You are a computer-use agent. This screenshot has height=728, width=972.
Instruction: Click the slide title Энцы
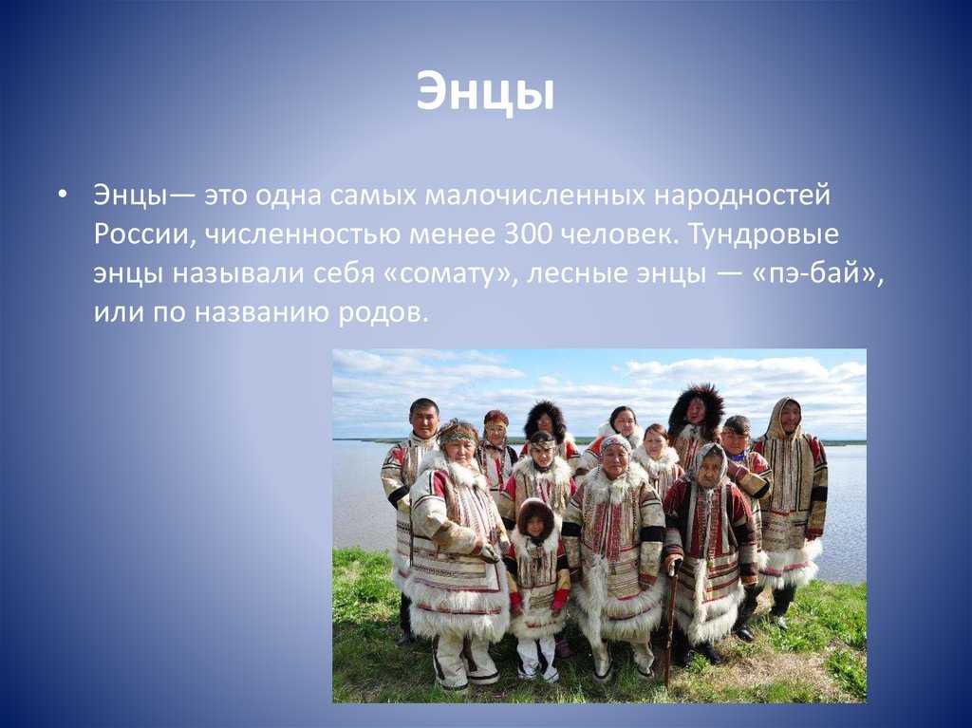point(485,92)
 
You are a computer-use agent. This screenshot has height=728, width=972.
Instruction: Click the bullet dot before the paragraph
point(61,196)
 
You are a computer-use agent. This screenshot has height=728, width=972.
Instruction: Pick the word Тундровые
point(763,235)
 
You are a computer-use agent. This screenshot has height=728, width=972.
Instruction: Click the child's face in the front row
point(534,524)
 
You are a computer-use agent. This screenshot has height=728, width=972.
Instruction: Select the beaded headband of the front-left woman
point(458,435)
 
